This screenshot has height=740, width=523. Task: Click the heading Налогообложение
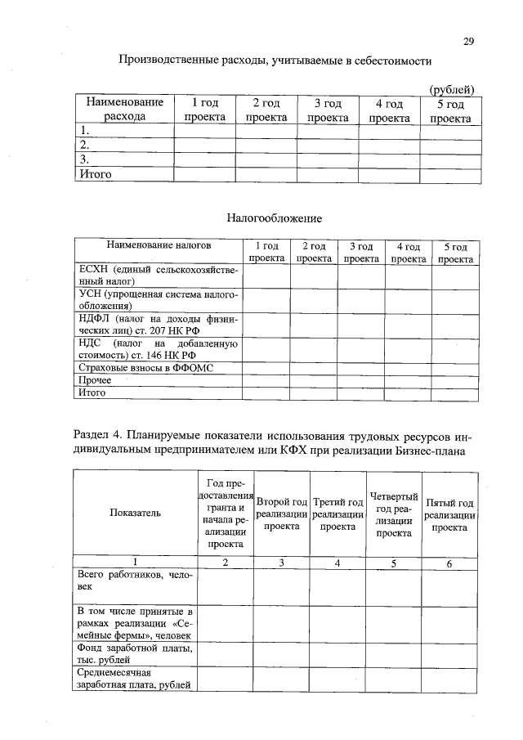pos(274,218)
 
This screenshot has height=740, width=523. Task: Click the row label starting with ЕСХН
pos(158,276)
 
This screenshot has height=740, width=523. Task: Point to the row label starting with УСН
pos(158,301)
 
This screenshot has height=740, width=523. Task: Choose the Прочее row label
pos(96,380)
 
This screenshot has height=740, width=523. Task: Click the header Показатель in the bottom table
pos(135,513)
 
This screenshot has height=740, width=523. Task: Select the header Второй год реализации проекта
pos(281,514)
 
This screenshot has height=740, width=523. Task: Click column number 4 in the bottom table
pos(337,563)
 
